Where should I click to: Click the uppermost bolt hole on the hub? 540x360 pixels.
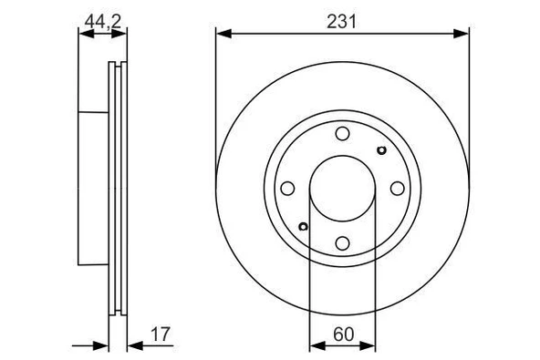(341, 135)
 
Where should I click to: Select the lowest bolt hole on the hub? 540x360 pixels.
(341, 242)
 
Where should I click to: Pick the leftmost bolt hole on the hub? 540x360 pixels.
(286, 189)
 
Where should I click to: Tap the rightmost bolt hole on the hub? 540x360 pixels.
(397, 189)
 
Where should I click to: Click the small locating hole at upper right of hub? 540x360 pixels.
(380, 151)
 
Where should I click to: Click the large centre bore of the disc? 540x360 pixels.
(341, 189)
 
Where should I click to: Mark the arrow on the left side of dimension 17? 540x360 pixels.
(103, 345)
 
